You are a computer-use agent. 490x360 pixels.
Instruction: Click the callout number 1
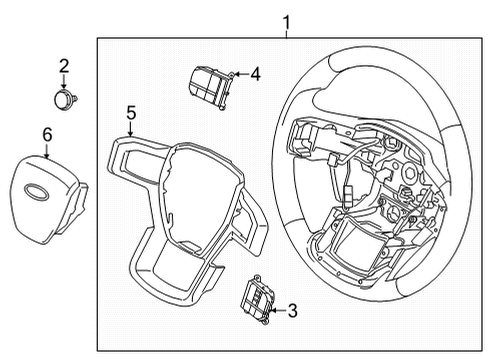tap(286, 21)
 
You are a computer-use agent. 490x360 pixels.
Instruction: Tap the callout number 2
tap(64, 67)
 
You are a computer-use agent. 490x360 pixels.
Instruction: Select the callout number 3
tap(292, 311)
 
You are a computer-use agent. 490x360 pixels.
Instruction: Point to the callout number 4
tap(256, 73)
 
